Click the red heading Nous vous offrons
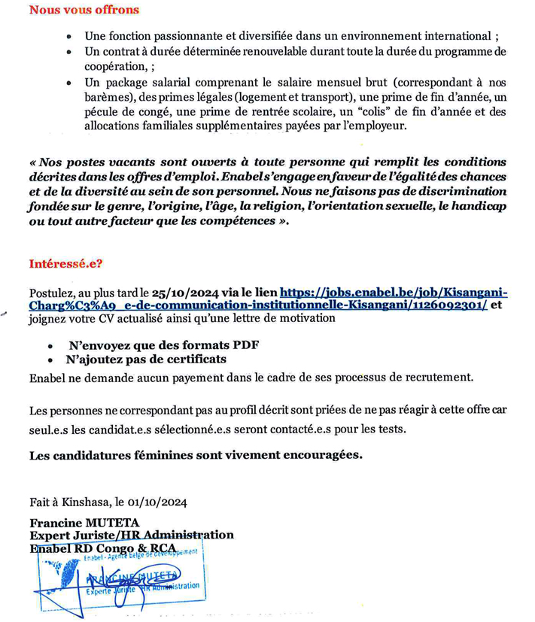tap(84, 10)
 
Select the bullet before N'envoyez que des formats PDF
tap(50, 347)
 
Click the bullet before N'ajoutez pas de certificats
tap(50, 361)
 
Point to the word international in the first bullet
tap(454, 36)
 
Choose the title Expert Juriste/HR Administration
tap(132, 536)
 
